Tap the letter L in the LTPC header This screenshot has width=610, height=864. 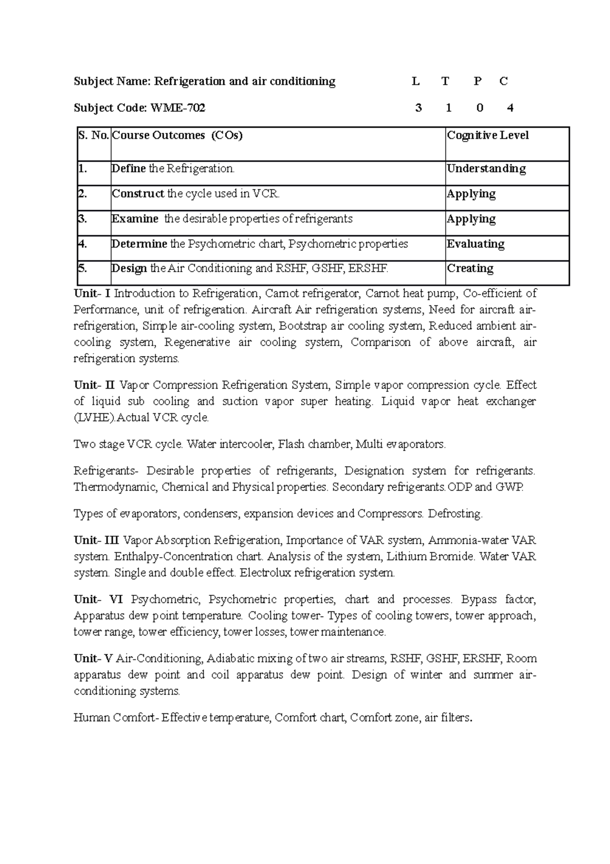tap(416, 81)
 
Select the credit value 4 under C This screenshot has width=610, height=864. tap(510, 108)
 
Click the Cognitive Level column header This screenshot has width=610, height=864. tap(487, 135)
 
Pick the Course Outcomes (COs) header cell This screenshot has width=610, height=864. tap(177, 135)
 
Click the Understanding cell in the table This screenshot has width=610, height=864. tap(486, 168)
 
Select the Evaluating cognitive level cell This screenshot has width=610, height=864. tap(475, 244)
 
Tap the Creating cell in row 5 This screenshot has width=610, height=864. tap(470, 268)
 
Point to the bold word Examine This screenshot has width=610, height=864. tap(135, 219)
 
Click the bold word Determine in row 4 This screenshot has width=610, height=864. tap(139, 244)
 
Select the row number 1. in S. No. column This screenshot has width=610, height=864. tap(83, 168)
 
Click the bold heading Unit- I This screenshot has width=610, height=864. tap(92, 294)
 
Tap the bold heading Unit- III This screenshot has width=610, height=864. tap(96, 540)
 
